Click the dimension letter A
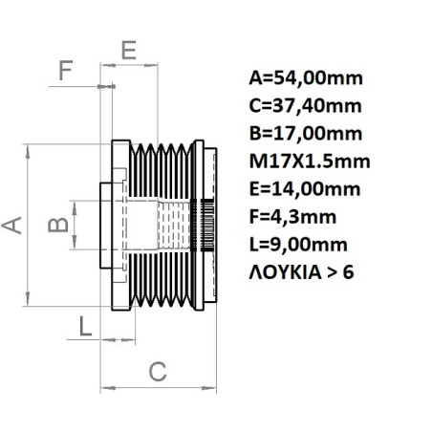pos(13,225)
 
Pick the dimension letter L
pos(86,327)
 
